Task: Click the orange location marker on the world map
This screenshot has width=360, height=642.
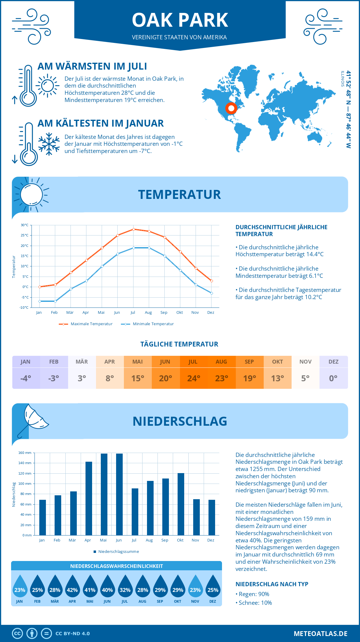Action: tap(231, 108)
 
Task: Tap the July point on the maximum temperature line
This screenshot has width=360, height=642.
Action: tap(133, 229)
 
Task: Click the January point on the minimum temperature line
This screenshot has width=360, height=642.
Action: tap(40, 301)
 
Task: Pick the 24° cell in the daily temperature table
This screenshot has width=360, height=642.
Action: tap(193, 378)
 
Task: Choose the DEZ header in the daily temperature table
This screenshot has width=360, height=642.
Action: tap(333, 362)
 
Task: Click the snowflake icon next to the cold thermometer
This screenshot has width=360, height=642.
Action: tap(49, 144)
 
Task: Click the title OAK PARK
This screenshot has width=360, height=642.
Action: tap(180, 20)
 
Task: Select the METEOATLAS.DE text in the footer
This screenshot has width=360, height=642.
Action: tap(320, 633)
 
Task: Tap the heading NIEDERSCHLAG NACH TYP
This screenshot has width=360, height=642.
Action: tap(272, 584)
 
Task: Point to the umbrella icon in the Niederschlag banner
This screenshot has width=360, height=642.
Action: tap(32, 418)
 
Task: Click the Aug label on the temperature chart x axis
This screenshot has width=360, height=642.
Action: tap(148, 313)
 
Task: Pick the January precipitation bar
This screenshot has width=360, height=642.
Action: tap(43, 517)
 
